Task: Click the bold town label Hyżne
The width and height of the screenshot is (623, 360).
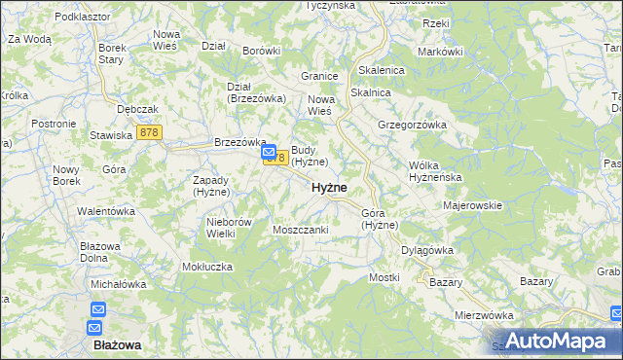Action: pyautogui.click(x=329, y=188)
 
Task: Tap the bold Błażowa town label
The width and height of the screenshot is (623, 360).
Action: pyautogui.click(x=117, y=344)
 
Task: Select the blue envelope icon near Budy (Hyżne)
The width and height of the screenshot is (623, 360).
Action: pyautogui.click(x=269, y=152)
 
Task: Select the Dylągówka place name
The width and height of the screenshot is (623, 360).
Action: pyautogui.click(x=427, y=250)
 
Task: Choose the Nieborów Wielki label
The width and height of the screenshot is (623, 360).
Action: pyautogui.click(x=230, y=228)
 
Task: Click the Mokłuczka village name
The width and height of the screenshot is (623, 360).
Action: pyautogui.click(x=206, y=266)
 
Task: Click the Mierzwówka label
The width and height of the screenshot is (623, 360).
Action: pyautogui.click(x=484, y=315)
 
